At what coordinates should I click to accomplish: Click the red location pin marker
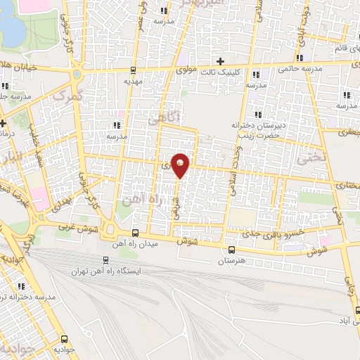181,165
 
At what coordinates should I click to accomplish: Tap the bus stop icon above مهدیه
133,70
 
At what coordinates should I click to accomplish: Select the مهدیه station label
133,81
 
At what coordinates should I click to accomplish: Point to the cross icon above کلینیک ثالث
220,62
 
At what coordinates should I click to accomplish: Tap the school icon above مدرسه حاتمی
300,58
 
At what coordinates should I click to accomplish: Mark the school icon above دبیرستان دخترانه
258,114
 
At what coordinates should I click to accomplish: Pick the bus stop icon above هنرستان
231,250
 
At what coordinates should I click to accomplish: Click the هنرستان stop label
231,261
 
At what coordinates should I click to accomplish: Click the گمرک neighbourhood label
68,94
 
